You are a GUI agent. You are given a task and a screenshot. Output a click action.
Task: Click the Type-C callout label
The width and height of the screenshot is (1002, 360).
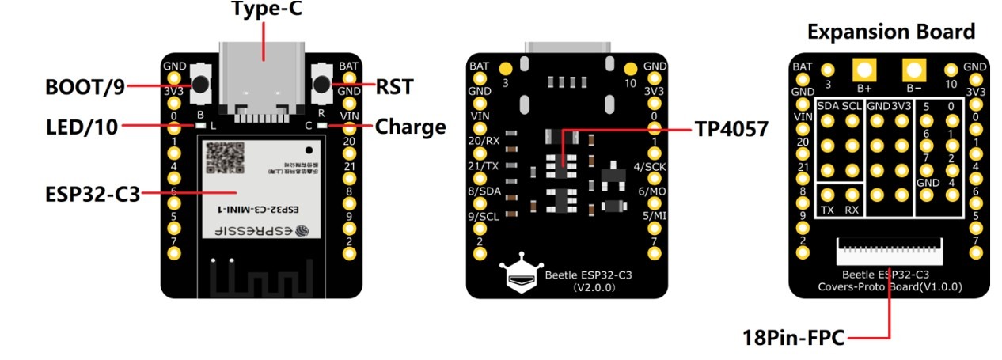[267, 9]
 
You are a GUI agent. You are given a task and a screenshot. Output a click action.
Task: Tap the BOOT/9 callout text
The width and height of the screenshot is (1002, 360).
[84, 85]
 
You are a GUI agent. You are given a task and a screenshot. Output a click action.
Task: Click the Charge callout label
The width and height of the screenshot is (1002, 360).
[410, 127]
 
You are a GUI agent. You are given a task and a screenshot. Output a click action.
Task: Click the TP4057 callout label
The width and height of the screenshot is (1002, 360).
[731, 128]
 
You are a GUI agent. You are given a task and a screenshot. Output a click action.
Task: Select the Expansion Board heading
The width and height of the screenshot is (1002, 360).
[890, 32]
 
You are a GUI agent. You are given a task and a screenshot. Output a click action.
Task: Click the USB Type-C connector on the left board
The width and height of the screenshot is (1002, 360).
[262, 75]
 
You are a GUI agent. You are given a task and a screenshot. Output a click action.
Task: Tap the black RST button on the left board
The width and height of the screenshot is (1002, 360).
[321, 82]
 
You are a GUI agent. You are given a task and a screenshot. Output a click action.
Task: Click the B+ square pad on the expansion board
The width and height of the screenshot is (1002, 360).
[863, 70]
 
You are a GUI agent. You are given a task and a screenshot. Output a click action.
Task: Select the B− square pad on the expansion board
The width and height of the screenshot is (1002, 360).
[914, 70]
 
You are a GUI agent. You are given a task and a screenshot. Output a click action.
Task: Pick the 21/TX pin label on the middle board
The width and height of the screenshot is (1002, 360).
[484, 165]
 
